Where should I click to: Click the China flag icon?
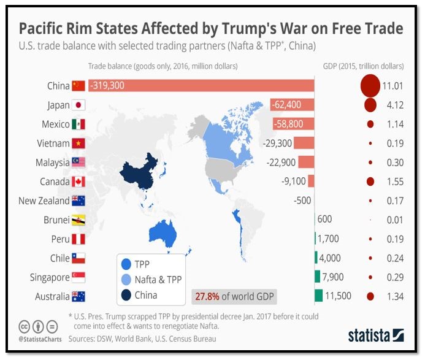pos(78,86)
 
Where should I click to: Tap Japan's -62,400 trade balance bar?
pos(292,105)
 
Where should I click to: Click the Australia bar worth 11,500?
pos(318,296)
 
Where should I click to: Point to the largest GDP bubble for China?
pos(370,86)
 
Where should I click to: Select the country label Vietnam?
pos(52,144)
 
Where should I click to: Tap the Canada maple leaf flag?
pos(78,182)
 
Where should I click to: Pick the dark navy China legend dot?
pos(126,295)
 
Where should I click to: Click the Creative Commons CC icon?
pos(25,326)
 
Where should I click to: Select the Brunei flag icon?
pos(78,220)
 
